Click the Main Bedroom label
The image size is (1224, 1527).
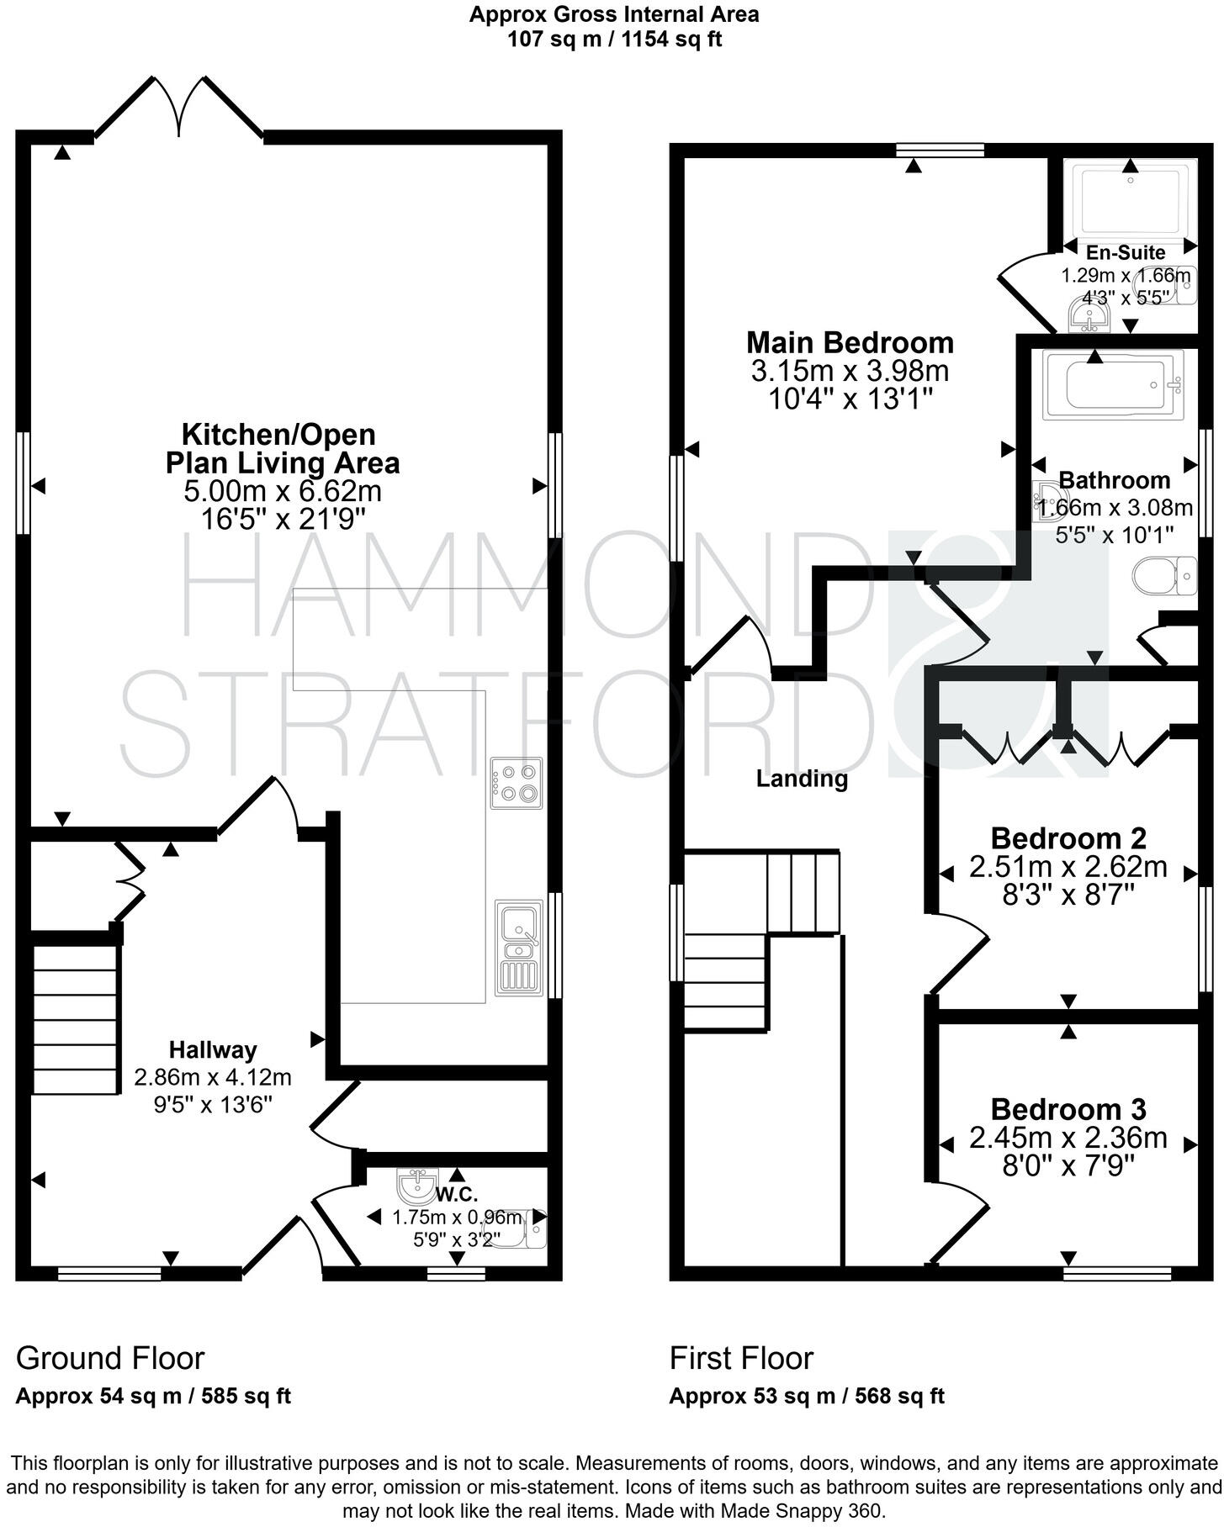click(850, 342)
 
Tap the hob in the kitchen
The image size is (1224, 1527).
click(517, 783)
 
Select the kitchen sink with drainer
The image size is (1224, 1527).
click(519, 948)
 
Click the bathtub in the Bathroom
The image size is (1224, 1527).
click(1112, 384)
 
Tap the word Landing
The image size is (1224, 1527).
click(802, 779)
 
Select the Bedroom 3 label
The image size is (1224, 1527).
click(1068, 1109)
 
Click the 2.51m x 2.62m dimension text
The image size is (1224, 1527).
click(1068, 867)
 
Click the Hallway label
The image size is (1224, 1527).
click(213, 1049)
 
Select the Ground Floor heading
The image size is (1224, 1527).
click(110, 1358)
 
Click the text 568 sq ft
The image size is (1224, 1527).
click(899, 1397)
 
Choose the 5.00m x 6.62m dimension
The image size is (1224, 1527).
click(283, 491)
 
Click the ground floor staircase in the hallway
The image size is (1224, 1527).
click(74, 1019)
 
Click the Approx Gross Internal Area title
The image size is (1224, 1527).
click(614, 14)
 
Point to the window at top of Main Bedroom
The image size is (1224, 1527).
click(940, 150)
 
